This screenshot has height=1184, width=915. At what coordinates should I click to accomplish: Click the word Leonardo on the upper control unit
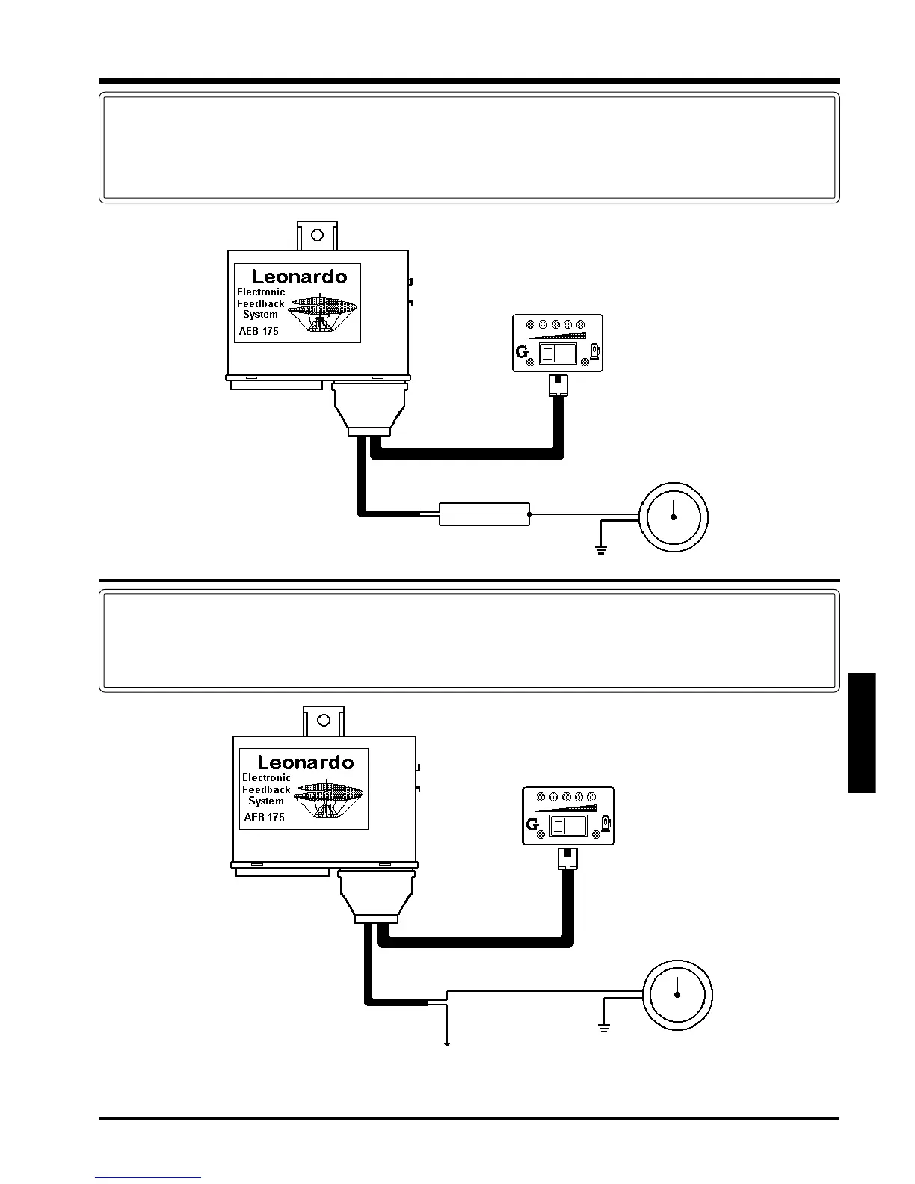coord(299,277)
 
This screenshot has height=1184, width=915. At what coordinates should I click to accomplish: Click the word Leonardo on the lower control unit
coord(305,762)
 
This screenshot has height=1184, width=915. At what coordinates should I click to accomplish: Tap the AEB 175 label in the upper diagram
coord(259,331)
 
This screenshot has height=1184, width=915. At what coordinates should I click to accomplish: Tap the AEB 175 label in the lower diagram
coord(265,817)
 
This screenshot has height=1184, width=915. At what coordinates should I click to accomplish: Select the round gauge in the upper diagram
coord(673,517)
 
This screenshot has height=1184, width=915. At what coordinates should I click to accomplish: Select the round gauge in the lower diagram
coord(677,996)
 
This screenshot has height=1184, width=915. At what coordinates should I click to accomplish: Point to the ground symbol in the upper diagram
coord(600,551)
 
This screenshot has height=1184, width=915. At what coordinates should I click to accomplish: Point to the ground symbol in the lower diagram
coord(604,1029)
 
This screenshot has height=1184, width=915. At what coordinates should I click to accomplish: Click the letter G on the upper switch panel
coord(522,351)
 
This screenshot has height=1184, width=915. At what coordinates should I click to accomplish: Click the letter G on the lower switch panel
coord(532,824)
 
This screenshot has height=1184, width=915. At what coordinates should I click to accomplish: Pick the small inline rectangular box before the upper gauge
coord(484,514)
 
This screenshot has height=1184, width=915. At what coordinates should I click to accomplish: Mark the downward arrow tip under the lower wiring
coord(447,1044)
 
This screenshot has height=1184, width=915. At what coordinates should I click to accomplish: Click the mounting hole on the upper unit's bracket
coord(317,235)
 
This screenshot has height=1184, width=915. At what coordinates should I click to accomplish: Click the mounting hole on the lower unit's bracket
coord(324,721)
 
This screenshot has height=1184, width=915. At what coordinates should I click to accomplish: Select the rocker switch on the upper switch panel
coord(558,354)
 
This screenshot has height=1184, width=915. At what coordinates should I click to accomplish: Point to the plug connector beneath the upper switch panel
coord(558,385)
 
